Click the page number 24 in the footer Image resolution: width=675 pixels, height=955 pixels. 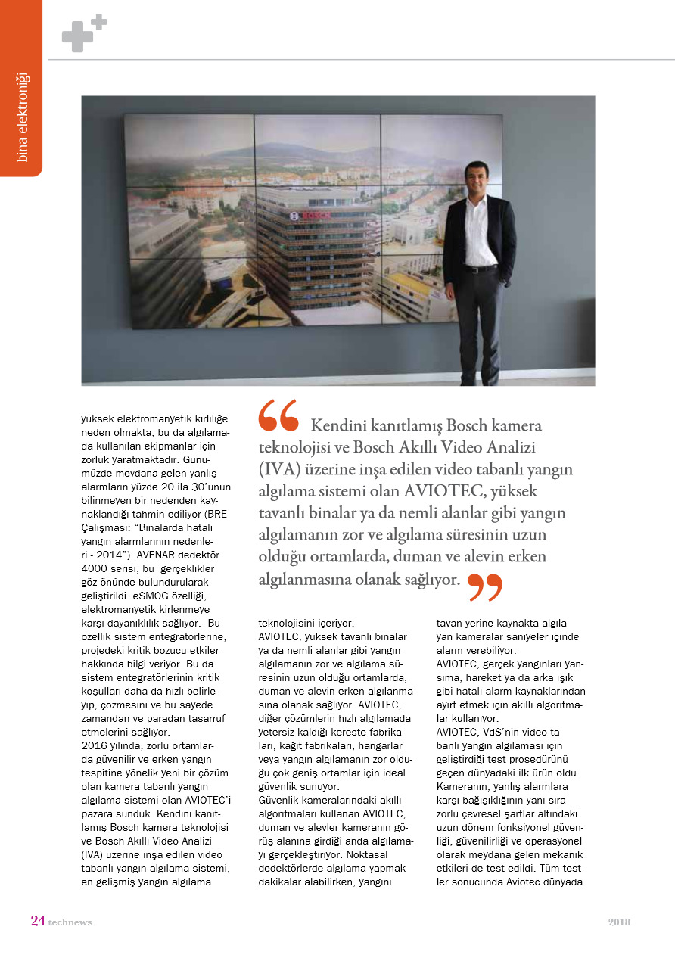coord(37,921)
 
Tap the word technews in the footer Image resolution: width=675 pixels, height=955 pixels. coord(70,922)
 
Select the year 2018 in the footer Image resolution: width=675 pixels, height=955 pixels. coord(619,922)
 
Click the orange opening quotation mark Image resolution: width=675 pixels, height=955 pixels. coord(278,415)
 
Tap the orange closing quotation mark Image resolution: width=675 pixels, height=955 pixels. coord(484,586)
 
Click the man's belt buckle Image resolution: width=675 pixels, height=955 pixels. coord(474,269)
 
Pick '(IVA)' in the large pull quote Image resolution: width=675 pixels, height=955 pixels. coord(283,469)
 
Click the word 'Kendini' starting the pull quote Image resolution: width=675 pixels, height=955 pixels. coord(338,425)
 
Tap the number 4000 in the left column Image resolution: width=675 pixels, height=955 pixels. coord(96,568)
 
